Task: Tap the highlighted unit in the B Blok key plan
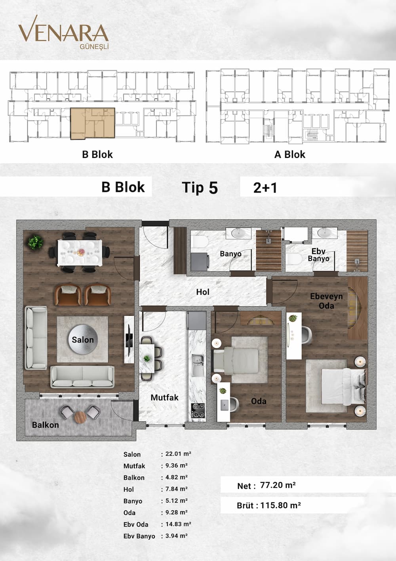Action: [x=93, y=123]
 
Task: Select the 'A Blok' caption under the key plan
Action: [x=290, y=154]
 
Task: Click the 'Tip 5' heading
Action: [x=200, y=187]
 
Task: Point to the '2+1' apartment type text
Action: [x=265, y=188]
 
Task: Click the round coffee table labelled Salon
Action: [x=83, y=339]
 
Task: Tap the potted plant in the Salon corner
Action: [x=36, y=242]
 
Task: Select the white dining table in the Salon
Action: [x=80, y=253]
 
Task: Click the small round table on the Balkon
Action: [x=80, y=417]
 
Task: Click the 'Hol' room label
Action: [x=202, y=292]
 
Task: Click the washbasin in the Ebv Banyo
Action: [x=324, y=233]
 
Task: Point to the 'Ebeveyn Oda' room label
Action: [x=326, y=301]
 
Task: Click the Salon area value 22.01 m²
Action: [x=178, y=453]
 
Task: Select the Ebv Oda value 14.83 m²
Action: [x=178, y=524]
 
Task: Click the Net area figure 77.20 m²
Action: [x=278, y=485]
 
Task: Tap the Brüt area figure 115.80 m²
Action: [x=280, y=505]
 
